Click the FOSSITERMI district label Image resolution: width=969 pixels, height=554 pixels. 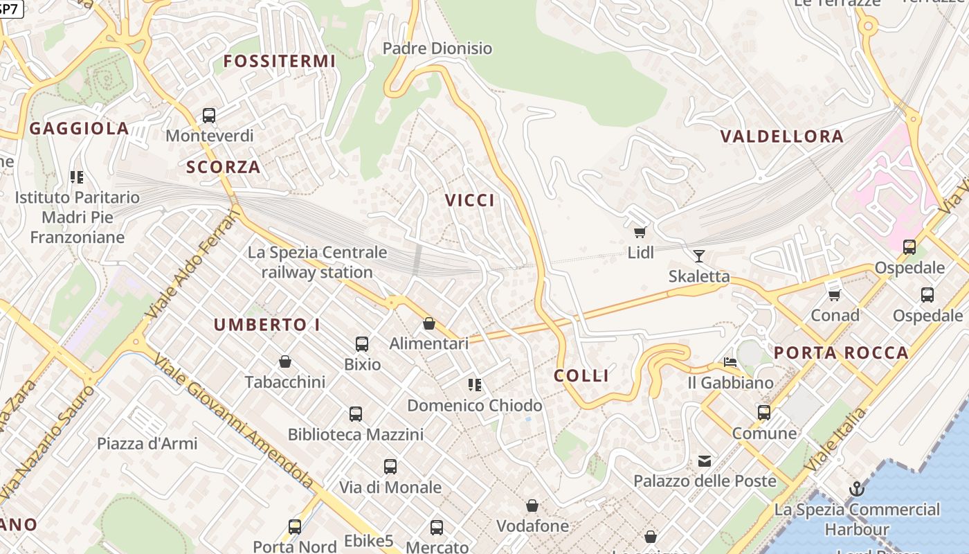(279, 61)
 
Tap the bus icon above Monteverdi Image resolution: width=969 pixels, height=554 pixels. (209, 116)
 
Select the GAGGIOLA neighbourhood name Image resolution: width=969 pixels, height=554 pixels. (79, 128)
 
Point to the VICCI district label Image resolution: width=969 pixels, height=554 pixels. (470, 200)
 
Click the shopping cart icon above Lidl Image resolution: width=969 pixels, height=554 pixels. (640, 233)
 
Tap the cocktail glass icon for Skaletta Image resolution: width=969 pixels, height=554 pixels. (699, 256)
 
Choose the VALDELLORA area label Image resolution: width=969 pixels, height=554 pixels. (782, 136)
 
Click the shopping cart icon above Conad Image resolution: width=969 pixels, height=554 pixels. (835, 295)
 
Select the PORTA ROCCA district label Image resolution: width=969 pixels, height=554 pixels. (841, 352)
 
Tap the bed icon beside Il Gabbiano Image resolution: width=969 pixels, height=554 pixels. (730, 361)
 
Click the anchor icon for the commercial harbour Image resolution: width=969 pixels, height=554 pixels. (857, 489)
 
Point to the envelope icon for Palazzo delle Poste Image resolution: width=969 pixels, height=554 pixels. (705, 461)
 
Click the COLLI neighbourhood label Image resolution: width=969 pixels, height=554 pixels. (581, 375)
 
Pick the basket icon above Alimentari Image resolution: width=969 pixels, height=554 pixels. (429, 323)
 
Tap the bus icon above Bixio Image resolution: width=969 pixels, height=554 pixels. (362, 343)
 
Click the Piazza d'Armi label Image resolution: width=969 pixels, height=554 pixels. (147, 443)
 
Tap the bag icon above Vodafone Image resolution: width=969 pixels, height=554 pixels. (532, 506)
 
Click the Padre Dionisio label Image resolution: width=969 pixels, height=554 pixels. (437, 48)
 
